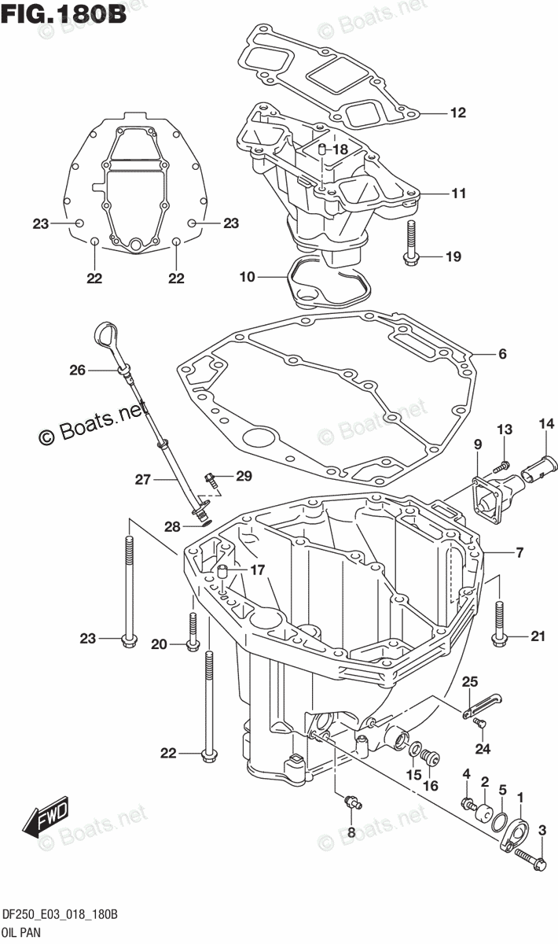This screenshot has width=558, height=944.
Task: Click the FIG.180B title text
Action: (x=64, y=15)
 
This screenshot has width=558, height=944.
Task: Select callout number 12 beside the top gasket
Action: (x=457, y=112)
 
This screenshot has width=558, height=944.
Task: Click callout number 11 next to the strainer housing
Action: (x=457, y=193)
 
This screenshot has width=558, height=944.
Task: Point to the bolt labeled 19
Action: (x=413, y=240)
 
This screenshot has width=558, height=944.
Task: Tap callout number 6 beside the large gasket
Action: (x=501, y=354)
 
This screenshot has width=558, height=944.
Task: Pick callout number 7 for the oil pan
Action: (x=519, y=553)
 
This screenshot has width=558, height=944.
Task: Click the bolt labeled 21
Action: (x=500, y=625)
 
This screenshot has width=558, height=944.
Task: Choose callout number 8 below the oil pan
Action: (x=351, y=832)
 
